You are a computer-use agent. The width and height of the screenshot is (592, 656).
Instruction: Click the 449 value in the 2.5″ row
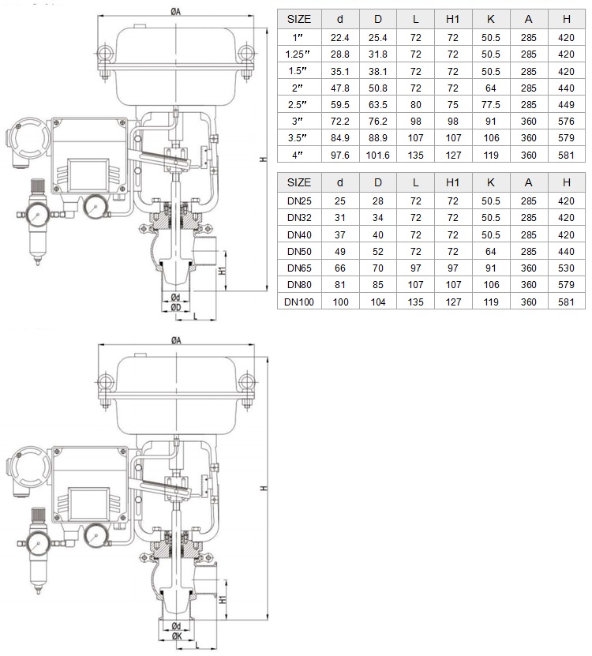pyautogui.click(x=566, y=104)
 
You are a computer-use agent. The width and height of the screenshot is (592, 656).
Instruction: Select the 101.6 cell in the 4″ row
pyautogui.click(x=378, y=156)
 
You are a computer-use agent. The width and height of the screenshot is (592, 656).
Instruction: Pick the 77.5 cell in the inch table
pyautogui.click(x=491, y=104)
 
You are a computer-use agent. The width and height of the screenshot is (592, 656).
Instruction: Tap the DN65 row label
pyautogui.click(x=299, y=268)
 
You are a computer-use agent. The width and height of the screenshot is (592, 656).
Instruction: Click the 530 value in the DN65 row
pyautogui.click(x=566, y=268)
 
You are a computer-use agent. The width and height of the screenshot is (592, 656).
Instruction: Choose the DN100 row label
pyautogui.click(x=299, y=302)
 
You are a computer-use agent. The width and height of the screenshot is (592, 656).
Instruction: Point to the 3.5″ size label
pyautogui.click(x=297, y=137)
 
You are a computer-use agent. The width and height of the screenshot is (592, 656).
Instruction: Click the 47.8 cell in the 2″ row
pyautogui.click(x=339, y=88)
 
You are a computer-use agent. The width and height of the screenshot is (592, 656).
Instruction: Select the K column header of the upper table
pyautogui.click(x=491, y=19)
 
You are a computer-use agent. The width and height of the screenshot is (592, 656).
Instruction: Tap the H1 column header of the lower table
pyautogui.click(x=452, y=183)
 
